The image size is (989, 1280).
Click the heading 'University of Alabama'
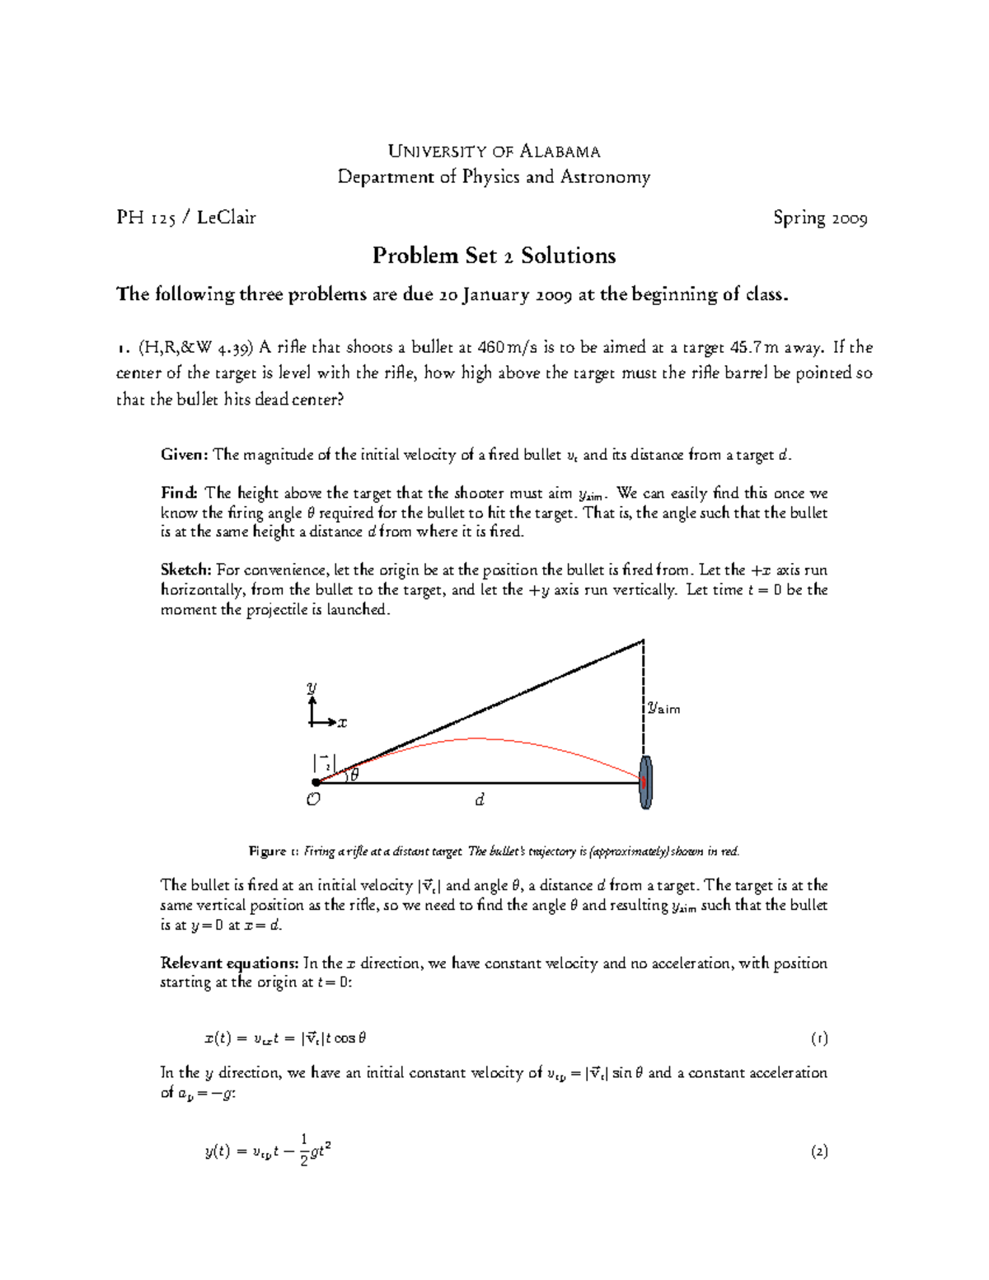point(494,151)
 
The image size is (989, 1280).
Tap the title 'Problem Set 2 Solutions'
point(494,256)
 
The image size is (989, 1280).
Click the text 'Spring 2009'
point(819,218)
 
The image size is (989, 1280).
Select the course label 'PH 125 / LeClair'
point(186,218)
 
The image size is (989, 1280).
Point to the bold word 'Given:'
point(185,454)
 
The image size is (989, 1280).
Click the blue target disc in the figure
point(646,782)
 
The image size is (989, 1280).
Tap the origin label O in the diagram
point(313,799)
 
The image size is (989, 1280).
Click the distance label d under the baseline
point(480,799)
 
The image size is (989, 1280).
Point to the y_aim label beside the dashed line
point(663,707)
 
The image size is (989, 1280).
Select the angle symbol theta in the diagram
point(354,774)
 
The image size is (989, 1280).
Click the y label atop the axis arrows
point(312,687)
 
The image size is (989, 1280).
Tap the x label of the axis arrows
point(342,723)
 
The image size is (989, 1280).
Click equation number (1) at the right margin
point(818,1039)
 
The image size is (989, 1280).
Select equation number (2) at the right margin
point(818,1151)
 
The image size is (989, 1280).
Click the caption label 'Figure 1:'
point(267,851)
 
